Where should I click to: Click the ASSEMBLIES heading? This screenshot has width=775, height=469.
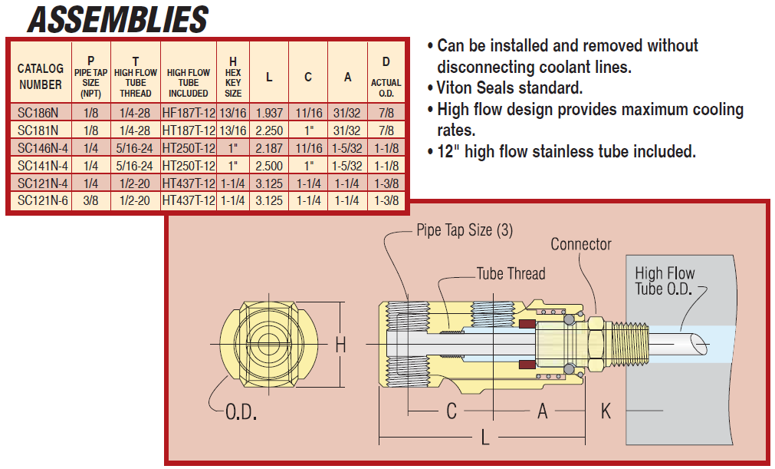[117, 19]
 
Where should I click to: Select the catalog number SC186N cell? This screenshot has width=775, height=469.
[38, 112]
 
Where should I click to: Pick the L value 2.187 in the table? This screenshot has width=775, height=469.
[269, 147]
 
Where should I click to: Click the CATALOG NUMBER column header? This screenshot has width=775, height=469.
[41, 77]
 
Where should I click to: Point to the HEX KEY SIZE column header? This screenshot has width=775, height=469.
[233, 77]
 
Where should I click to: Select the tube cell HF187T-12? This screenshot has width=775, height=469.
[188, 112]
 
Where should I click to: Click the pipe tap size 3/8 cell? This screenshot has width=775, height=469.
[91, 200]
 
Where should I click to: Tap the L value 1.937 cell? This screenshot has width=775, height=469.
[269, 112]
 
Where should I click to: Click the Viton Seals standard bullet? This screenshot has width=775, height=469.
[510, 88]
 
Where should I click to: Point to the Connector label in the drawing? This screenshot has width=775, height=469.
[581, 244]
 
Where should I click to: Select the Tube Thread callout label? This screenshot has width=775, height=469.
[511, 273]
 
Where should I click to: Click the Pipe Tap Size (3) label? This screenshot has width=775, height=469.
[465, 230]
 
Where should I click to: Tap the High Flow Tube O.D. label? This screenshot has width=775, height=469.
[665, 281]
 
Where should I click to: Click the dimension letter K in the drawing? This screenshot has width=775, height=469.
[606, 411]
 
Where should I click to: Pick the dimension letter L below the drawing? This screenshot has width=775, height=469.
[484, 439]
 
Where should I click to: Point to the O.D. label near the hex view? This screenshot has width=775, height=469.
[241, 412]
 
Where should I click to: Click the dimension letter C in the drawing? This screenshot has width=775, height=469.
[452, 411]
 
